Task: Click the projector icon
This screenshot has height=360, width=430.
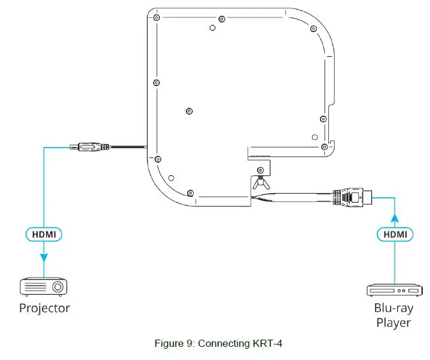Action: [x=44, y=286]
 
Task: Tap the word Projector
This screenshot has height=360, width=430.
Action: [x=44, y=309]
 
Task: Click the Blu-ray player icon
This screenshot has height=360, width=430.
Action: [x=394, y=290]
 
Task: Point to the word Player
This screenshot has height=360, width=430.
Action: [x=394, y=323]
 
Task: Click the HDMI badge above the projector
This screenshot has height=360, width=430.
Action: [x=44, y=234]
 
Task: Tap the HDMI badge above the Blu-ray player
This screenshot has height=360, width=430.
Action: [x=394, y=234]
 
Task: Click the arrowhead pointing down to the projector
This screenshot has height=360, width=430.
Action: [x=44, y=258]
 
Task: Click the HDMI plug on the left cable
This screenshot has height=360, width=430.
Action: [x=90, y=147]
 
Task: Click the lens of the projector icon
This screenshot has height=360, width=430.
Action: [x=57, y=288]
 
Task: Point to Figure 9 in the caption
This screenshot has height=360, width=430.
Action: [x=174, y=343]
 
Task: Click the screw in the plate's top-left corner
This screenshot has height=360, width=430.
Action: [x=156, y=19]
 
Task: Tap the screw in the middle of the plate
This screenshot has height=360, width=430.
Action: [x=190, y=111]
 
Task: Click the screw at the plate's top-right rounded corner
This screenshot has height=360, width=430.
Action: [x=314, y=28]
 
